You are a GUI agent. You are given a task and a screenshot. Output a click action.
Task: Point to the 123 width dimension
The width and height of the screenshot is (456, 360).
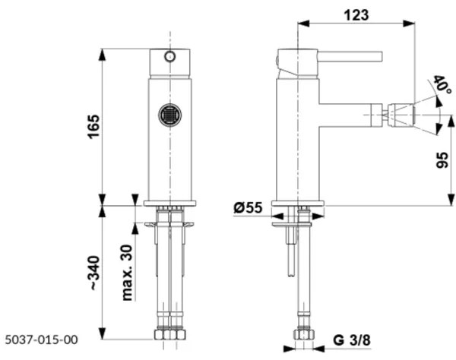[x=355, y=13]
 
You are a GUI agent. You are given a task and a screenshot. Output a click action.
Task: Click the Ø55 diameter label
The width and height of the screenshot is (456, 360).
[x=249, y=207]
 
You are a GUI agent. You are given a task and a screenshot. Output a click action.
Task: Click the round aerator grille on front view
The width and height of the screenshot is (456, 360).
[x=170, y=115]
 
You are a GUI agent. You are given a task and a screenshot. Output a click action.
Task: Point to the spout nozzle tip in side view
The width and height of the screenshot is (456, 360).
[x=401, y=116]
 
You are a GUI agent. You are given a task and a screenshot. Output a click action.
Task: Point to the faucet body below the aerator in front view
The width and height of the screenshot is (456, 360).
[x=170, y=163]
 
